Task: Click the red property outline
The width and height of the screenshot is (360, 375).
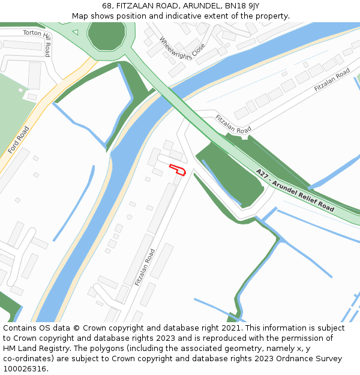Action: pyautogui.click(x=178, y=169)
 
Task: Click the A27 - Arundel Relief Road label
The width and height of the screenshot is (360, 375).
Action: pyautogui.click(x=295, y=190)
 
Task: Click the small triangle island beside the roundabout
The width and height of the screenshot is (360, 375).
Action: pyautogui.click(x=75, y=32)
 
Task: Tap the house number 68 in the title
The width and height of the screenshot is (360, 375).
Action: pyautogui.click(x=107, y=5)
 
